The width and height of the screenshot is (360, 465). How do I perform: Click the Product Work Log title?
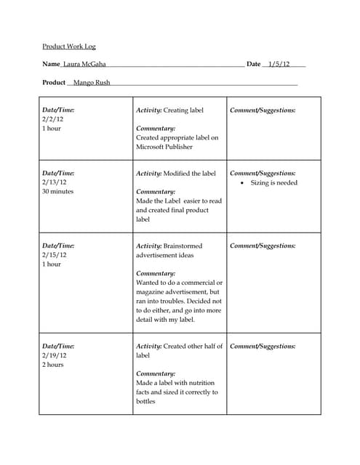point(68,46)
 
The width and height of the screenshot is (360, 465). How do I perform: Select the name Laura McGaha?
point(84,65)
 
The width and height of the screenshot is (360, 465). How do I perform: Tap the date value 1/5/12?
point(279,65)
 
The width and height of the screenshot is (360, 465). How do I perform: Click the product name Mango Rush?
point(92,83)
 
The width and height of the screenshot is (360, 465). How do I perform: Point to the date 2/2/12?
point(52,119)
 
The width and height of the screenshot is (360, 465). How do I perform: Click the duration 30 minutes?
point(58,193)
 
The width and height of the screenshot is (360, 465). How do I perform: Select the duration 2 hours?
point(53,365)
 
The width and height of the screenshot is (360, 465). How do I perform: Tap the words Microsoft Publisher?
point(164,147)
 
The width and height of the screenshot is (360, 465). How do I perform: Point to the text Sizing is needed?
point(274,183)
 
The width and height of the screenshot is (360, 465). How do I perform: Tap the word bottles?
point(145,401)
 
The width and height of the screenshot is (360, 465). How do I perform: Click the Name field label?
point(51,65)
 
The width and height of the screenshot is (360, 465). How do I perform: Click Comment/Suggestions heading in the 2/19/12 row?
point(263,347)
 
